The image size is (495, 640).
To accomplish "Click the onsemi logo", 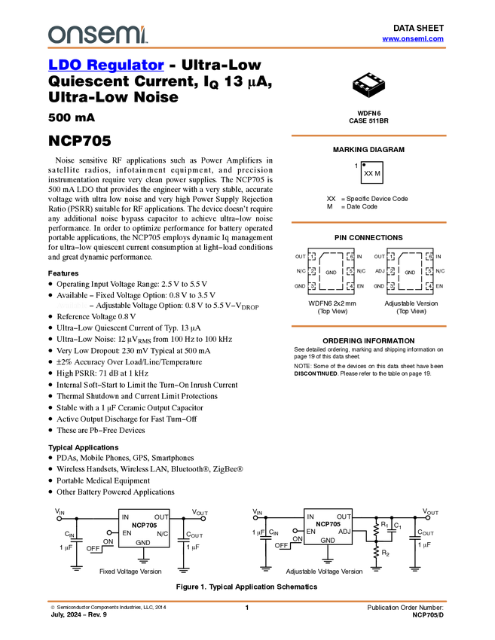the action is click(97, 34).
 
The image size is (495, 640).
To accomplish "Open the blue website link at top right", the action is click(413, 39).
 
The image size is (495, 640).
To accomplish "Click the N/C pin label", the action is click(162, 534).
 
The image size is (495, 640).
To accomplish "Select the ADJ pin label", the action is click(344, 532).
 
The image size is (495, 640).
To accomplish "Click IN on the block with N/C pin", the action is click(125, 517).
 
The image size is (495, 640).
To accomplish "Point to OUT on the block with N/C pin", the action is click(161, 517).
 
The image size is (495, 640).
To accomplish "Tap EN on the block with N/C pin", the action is click(127, 533).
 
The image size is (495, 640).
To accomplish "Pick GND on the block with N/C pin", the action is click(142, 542).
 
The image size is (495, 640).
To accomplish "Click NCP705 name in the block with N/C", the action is click(144, 525).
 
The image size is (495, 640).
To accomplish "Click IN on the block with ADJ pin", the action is click(310, 517).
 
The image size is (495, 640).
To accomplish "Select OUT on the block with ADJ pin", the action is click(344, 517).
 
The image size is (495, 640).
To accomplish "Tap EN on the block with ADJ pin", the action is click(310, 532).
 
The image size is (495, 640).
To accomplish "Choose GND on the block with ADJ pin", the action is click(328, 541).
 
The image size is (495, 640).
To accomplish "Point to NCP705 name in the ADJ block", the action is click(328, 524).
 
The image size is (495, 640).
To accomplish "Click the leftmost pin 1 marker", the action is click(311, 257).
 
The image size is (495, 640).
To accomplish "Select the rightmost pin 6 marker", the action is click(429, 257).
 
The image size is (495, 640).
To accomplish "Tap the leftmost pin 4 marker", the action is click(350, 286).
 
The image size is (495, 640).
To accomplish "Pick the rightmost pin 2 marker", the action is click(390, 271).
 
